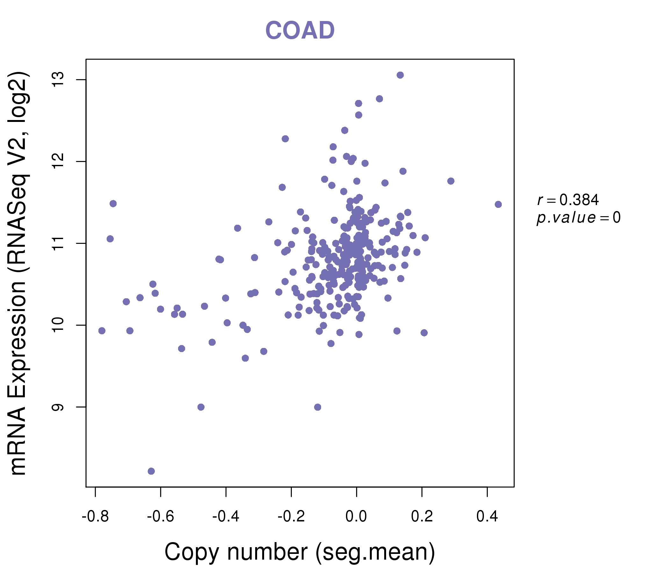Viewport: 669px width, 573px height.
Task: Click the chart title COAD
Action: coord(300,30)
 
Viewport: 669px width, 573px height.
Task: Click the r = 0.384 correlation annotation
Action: coord(568,200)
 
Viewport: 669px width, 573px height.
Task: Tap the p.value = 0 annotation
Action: coord(579,218)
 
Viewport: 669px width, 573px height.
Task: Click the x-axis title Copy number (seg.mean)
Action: coord(300,552)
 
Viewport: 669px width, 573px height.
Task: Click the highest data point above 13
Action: coord(400,75)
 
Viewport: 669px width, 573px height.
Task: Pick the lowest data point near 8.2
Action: coord(151,471)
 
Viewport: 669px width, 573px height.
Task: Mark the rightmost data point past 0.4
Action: coord(498,204)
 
